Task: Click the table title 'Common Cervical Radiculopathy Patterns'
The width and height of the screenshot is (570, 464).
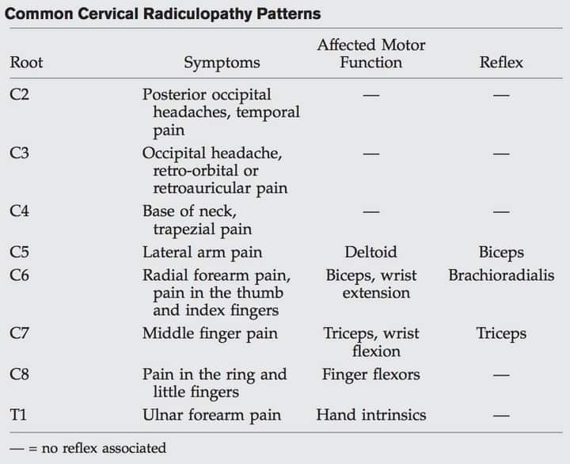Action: (x=163, y=13)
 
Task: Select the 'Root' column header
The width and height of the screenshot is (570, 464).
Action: (x=26, y=63)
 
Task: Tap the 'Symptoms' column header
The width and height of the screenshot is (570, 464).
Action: (x=222, y=63)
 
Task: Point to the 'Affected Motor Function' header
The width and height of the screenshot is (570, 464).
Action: (x=371, y=54)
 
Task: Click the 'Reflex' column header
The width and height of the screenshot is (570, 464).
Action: (x=501, y=63)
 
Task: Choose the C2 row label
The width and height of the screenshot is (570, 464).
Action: (x=19, y=94)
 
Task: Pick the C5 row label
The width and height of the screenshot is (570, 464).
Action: (x=19, y=253)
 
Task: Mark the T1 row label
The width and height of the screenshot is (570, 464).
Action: (x=18, y=415)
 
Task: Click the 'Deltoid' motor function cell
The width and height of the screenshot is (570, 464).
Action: (x=370, y=252)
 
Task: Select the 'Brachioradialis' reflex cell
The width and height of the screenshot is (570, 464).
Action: (x=501, y=276)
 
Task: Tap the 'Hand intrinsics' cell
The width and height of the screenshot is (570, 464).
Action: (x=371, y=415)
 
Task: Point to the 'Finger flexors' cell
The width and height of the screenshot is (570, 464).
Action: (x=371, y=375)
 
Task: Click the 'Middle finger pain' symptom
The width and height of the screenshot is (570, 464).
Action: (x=210, y=334)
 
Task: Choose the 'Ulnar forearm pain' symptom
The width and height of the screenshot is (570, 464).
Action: (x=211, y=415)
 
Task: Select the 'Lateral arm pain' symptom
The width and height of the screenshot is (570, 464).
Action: (x=202, y=253)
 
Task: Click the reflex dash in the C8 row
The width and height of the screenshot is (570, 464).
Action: (x=501, y=375)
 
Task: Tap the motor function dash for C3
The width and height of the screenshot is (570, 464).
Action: (x=371, y=154)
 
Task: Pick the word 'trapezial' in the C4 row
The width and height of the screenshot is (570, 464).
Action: (x=184, y=230)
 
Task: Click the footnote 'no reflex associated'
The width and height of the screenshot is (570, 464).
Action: (x=104, y=448)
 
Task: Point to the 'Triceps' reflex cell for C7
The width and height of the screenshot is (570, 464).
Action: (x=501, y=334)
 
